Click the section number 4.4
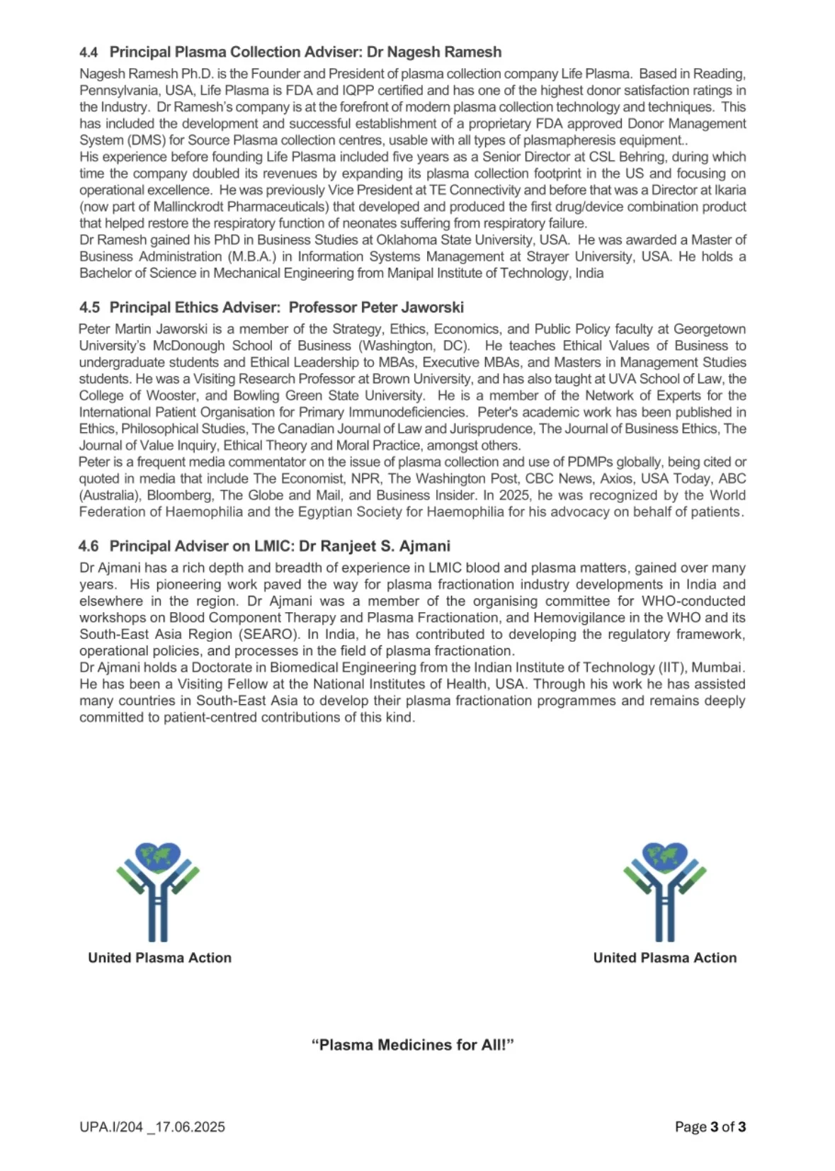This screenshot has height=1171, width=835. click(x=89, y=52)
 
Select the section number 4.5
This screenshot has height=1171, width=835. click(x=89, y=307)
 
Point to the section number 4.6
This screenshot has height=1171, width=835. click(x=89, y=546)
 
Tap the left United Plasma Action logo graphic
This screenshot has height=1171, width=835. click(x=158, y=891)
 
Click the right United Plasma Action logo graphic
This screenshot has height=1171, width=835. click(x=664, y=891)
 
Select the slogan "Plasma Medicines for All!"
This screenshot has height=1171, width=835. click(x=412, y=1045)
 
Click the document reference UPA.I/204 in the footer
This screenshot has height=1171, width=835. click(x=111, y=1127)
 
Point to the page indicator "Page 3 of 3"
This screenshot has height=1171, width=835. click(x=710, y=1127)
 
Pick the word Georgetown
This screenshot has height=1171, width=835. click(x=709, y=329)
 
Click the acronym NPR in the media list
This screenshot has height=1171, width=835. click(x=365, y=479)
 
